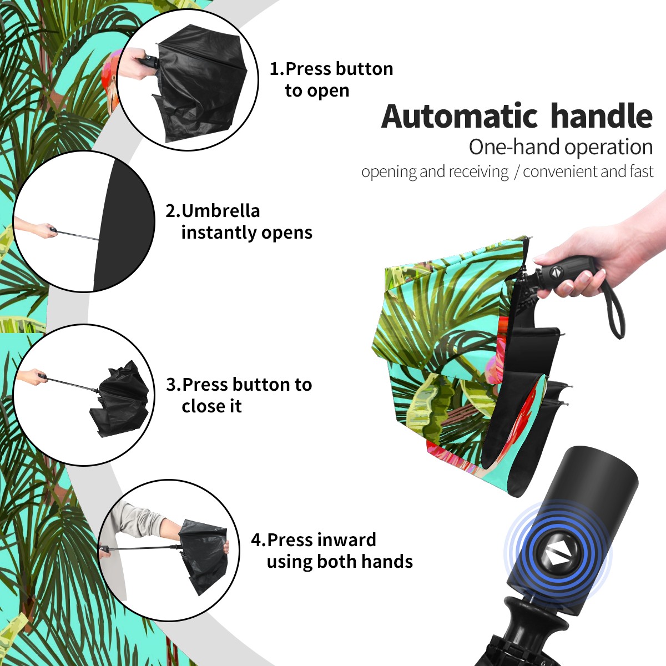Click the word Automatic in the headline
[x=460, y=117]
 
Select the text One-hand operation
[x=561, y=147]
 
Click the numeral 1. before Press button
[x=277, y=69]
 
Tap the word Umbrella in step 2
[x=220, y=211]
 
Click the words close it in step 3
[x=211, y=406]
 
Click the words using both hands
[x=340, y=562]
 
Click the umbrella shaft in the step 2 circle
[x=78, y=235]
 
